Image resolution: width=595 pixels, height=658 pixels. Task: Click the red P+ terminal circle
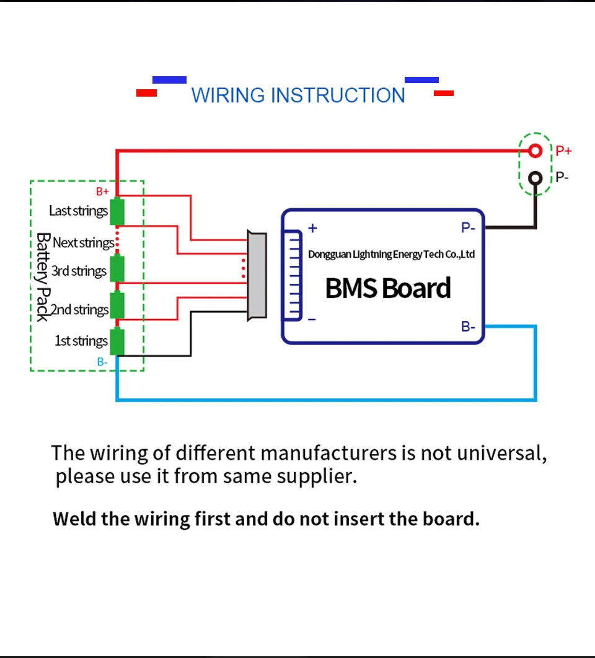click(x=535, y=145)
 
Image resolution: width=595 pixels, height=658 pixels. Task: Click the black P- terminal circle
click(x=535, y=172)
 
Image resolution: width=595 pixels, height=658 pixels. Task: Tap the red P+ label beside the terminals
click(x=563, y=151)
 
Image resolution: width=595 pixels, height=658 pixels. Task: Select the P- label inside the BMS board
click(x=468, y=227)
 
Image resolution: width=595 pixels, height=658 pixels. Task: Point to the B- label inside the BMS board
click(x=468, y=327)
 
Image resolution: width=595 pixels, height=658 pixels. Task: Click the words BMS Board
click(x=388, y=288)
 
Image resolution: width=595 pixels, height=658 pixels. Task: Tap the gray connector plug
click(x=257, y=275)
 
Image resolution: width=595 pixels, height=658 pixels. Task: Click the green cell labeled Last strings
click(x=117, y=211)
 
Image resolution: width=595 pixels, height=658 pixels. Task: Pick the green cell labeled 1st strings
click(x=117, y=341)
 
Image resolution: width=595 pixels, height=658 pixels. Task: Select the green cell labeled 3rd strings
click(x=117, y=268)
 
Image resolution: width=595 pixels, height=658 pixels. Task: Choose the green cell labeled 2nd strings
click(x=117, y=305)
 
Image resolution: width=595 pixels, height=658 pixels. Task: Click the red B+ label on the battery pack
click(x=102, y=192)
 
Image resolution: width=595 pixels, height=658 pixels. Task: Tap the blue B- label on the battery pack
click(x=102, y=362)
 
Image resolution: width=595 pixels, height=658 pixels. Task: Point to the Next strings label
click(x=84, y=242)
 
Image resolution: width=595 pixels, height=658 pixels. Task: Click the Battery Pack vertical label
click(x=43, y=278)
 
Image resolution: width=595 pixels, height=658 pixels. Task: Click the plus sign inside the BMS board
click(x=312, y=228)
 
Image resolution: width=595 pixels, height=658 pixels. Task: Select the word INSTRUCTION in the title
click(x=338, y=95)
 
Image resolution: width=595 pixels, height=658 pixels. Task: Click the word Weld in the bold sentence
click(x=75, y=519)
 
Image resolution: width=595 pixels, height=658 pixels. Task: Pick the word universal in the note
click(x=502, y=453)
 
